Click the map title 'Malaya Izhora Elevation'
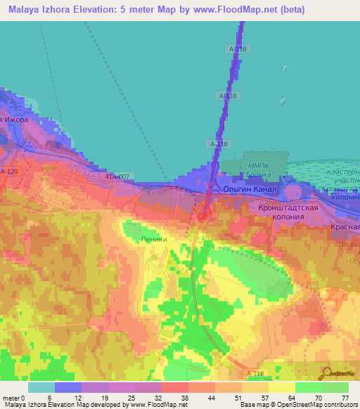pyautogui.click(x=67, y=10)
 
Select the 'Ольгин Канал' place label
pyautogui.click(x=250, y=190)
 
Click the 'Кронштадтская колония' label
pyautogui.click(x=290, y=212)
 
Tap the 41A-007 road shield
pyautogui.click(x=118, y=176)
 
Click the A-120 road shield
pyautogui.click(x=8, y=171)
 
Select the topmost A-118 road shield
pyautogui.click(x=238, y=48)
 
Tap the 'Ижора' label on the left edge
pyautogui.click(x=15, y=119)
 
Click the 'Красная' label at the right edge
pyautogui.click(x=346, y=228)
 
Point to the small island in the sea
pyautogui.click(x=283, y=68)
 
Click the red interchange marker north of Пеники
pyautogui.click(x=201, y=216)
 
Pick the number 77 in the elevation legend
pyautogui.click(x=345, y=397)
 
